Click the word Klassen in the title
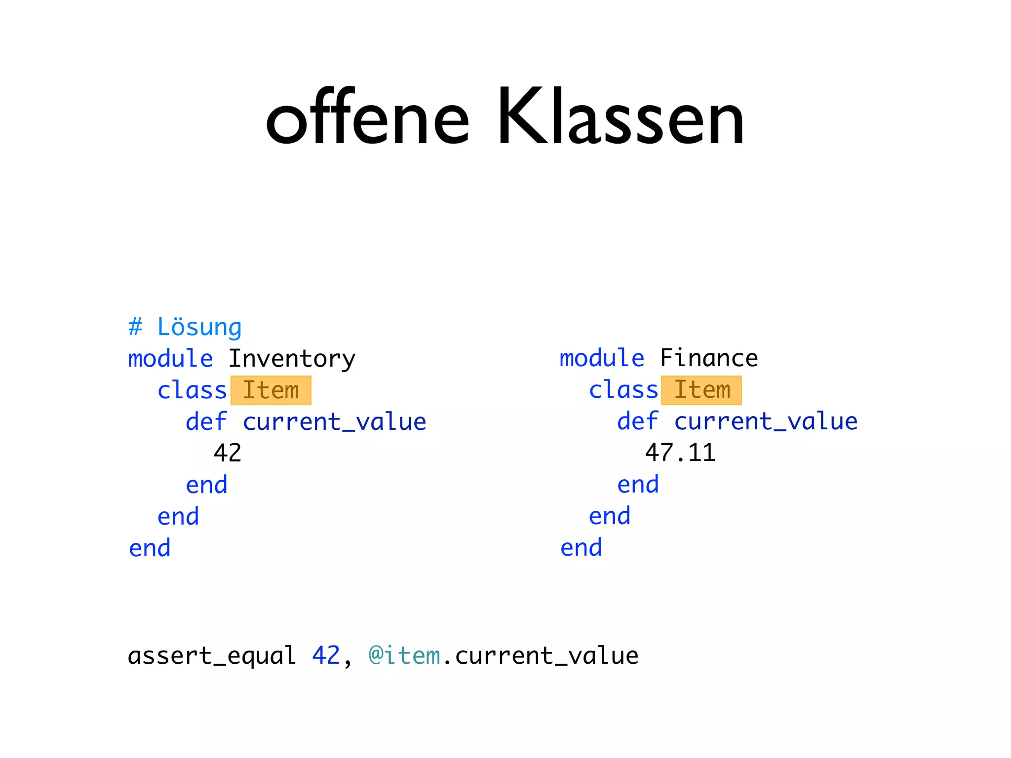(x=620, y=118)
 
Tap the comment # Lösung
(x=185, y=327)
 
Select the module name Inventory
(x=292, y=359)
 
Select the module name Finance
(x=709, y=358)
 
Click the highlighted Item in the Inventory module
(x=271, y=390)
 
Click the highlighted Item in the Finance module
(x=701, y=390)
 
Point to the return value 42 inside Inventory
(x=228, y=453)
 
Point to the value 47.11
(x=680, y=453)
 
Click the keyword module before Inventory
(x=171, y=359)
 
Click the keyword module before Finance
(x=602, y=358)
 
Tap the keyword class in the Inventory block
(x=192, y=390)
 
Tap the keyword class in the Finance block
(x=623, y=390)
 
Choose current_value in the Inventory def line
(x=334, y=422)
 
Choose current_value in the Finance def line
(x=766, y=421)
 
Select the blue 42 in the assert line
(x=326, y=656)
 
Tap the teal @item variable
(x=404, y=656)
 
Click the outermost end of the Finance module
(x=581, y=548)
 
